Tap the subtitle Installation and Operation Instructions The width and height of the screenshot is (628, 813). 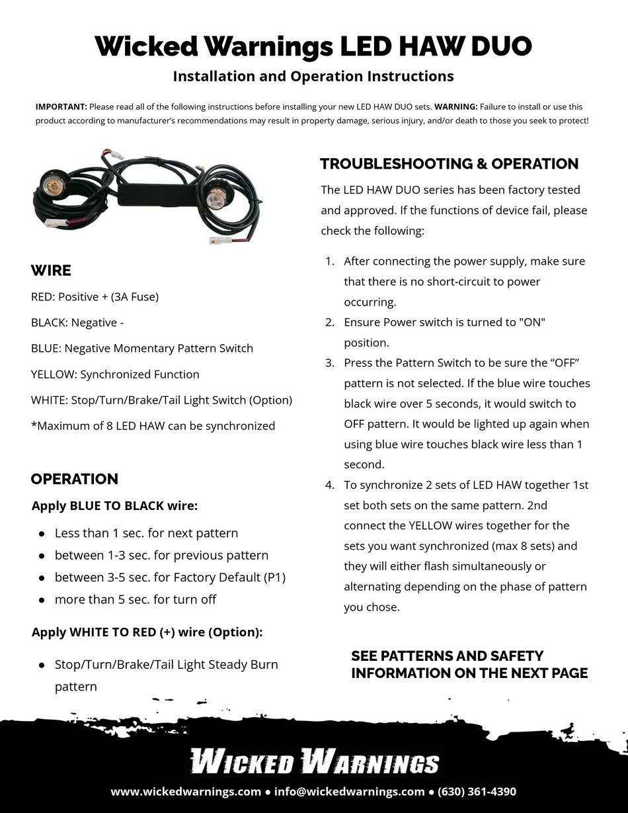(313, 76)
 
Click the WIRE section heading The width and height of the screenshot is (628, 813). (51, 271)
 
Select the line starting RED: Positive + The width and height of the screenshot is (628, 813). (95, 296)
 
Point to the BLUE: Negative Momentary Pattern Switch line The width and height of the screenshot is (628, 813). (141, 348)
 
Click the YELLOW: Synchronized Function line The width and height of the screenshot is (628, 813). (115, 374)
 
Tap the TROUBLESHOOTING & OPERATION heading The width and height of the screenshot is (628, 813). (449, 163)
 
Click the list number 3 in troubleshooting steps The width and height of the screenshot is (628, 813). (329, 363)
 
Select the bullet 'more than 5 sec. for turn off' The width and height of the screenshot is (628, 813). (135, 599)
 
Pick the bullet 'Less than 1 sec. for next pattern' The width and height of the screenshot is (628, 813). (145, 533)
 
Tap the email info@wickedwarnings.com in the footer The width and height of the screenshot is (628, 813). (349, 791)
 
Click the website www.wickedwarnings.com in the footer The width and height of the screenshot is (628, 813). (186, 791)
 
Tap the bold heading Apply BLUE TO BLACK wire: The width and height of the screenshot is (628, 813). (114, 506)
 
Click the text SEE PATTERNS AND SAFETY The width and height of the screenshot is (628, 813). (447, 656)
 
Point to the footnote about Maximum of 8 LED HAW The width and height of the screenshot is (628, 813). (153, 425)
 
